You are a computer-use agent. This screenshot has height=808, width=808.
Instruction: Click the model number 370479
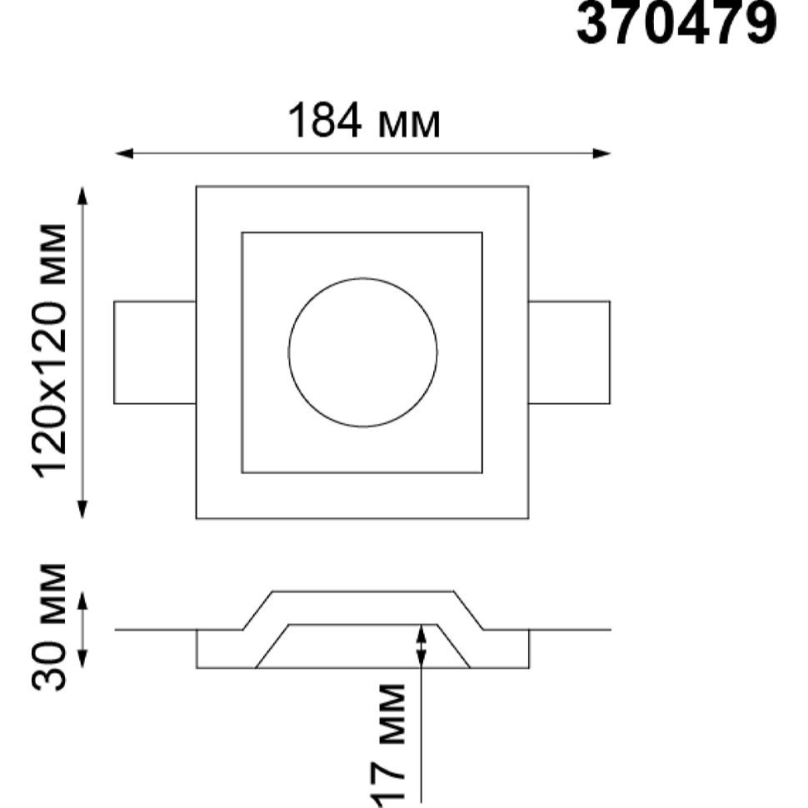click(x=676, y=22)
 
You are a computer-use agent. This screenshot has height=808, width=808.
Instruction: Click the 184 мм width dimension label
click(x=364, y=122)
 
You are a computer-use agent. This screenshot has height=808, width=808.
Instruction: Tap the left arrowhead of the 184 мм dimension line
click(x=123, y=153)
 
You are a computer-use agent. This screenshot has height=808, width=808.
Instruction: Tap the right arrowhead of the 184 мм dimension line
click(x=601, y=153)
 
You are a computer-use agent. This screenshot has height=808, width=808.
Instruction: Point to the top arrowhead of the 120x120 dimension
click(x=82, y=196)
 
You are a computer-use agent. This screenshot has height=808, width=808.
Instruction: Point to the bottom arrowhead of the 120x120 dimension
click(x=82, y=509)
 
